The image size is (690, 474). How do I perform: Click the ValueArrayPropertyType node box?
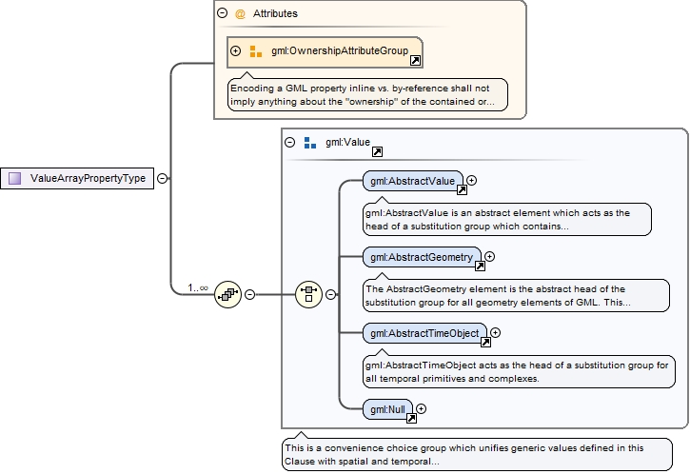click(77, 178)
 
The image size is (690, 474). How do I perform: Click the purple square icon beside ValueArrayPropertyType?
click(14, 178)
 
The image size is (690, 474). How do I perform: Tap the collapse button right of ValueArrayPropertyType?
click(162, 178)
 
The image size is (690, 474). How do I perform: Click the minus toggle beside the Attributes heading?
click(222, 13)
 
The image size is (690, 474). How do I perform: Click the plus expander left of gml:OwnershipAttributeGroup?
click(236, 51)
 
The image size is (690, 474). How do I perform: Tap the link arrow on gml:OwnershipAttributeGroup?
click(415, 61)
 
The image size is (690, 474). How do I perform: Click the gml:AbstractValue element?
click(412, 180)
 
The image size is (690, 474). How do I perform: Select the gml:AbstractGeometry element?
click(422, 257)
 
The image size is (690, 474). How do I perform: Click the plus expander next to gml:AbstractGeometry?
click(490, 256)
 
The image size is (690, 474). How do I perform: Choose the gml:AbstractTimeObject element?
click(424, 333)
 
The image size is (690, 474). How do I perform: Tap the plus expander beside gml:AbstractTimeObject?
click(495, 333)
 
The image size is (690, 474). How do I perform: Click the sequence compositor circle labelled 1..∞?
click(227, 294)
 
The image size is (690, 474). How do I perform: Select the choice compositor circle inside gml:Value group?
click(309, 294)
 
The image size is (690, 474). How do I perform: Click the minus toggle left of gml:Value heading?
click(290, 143)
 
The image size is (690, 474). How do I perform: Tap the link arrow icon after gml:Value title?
click(377, 151)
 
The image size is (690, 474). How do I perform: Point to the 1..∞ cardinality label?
click(198, 286)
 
